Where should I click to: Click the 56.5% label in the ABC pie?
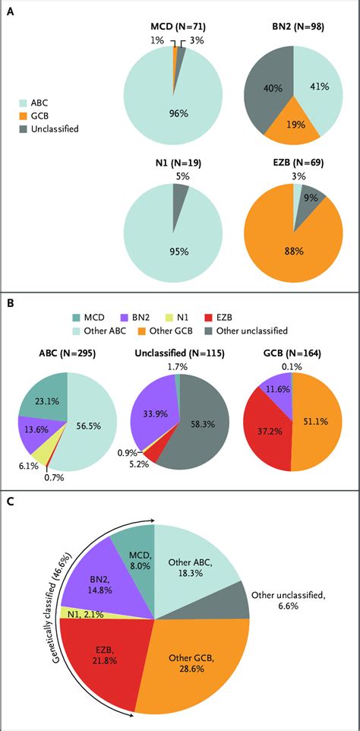pos(93,405)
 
